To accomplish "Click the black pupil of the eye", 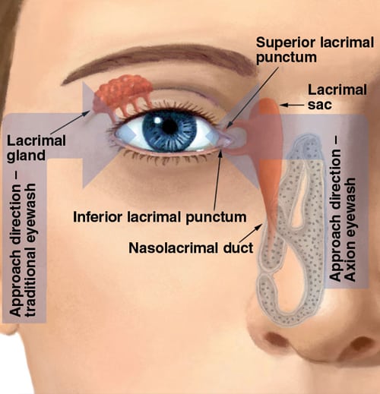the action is coord(169,126).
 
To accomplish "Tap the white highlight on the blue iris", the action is coord(157,121).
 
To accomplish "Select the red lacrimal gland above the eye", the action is coord(122,96).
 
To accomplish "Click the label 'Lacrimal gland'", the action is coord(36,148).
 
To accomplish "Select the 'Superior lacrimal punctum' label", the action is coord(315,50).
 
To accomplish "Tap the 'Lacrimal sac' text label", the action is coord(337,97).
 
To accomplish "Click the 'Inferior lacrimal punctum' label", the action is coord(160,217).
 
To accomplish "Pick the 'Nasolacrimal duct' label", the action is coord(191,247).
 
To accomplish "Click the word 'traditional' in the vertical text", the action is coord(31,249).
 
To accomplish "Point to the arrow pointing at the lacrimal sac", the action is coord(292,105).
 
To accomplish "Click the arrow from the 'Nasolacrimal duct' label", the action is coord(251,233).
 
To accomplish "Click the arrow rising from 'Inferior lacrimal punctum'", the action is coord(217,179).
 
